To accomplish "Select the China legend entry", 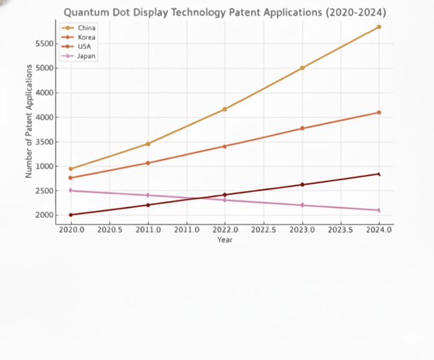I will [86, 28].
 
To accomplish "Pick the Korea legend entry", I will [86, 37].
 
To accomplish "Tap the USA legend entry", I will [85, 46].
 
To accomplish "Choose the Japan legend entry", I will [86, 56].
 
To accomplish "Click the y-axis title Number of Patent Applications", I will [29, 121].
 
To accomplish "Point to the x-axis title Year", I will [225, 240].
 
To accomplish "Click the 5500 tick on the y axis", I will [45, 43].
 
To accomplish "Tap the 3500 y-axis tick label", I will [45, 142].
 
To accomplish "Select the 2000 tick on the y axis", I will [45, 215].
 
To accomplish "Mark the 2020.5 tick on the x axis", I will [109, 230].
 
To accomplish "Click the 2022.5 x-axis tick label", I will [263, 230].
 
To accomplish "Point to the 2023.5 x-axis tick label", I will [340, 230].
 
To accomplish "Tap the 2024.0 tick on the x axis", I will [379, 230].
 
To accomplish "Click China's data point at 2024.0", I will [379, 27].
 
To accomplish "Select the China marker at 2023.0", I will [302, 68].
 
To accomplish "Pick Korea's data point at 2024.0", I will [379, 112].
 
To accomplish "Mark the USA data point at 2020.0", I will [71, 215].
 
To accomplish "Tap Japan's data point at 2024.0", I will [379, 210].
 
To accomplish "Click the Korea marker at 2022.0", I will [225, 146].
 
